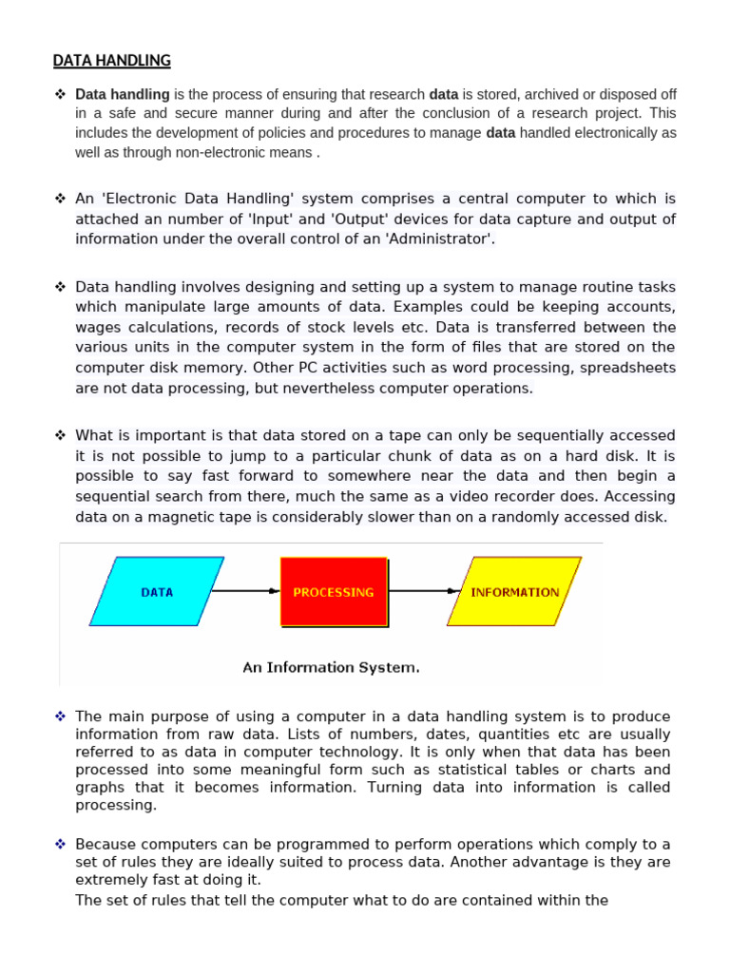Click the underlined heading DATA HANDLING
pyautogui.click(x=111, y=61)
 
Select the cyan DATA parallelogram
pyautogui.click(x=157, y=592)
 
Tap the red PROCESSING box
pyautogui.click(x=334, y=592)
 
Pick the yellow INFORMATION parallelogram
pyautogui.click(x=514, y=592)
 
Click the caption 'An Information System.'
pyautogui.click(x=331, y=667)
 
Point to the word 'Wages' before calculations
pyautogui.click(x=97, y=327)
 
